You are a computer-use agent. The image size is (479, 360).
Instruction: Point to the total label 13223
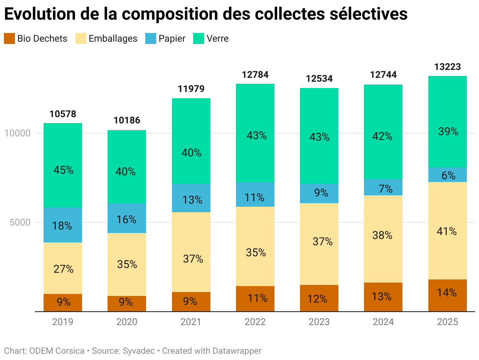pos(448,67)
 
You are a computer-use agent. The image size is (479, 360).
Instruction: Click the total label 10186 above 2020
pos(127,120)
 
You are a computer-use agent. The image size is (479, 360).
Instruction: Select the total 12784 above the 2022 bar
pos(255,75)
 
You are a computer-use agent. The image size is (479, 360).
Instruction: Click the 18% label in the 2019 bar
pos(63,226)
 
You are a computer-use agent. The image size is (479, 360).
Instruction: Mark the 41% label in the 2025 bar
pos(448,232)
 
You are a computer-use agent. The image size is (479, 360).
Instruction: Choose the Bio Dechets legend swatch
pos(9,39)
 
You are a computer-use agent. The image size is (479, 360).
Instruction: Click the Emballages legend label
pos(113,39)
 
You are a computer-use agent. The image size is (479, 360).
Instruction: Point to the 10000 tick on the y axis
pos(17,133)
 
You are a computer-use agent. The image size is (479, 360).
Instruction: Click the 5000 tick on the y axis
pos(20,222)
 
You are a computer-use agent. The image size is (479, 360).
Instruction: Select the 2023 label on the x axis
pos(319,322)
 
